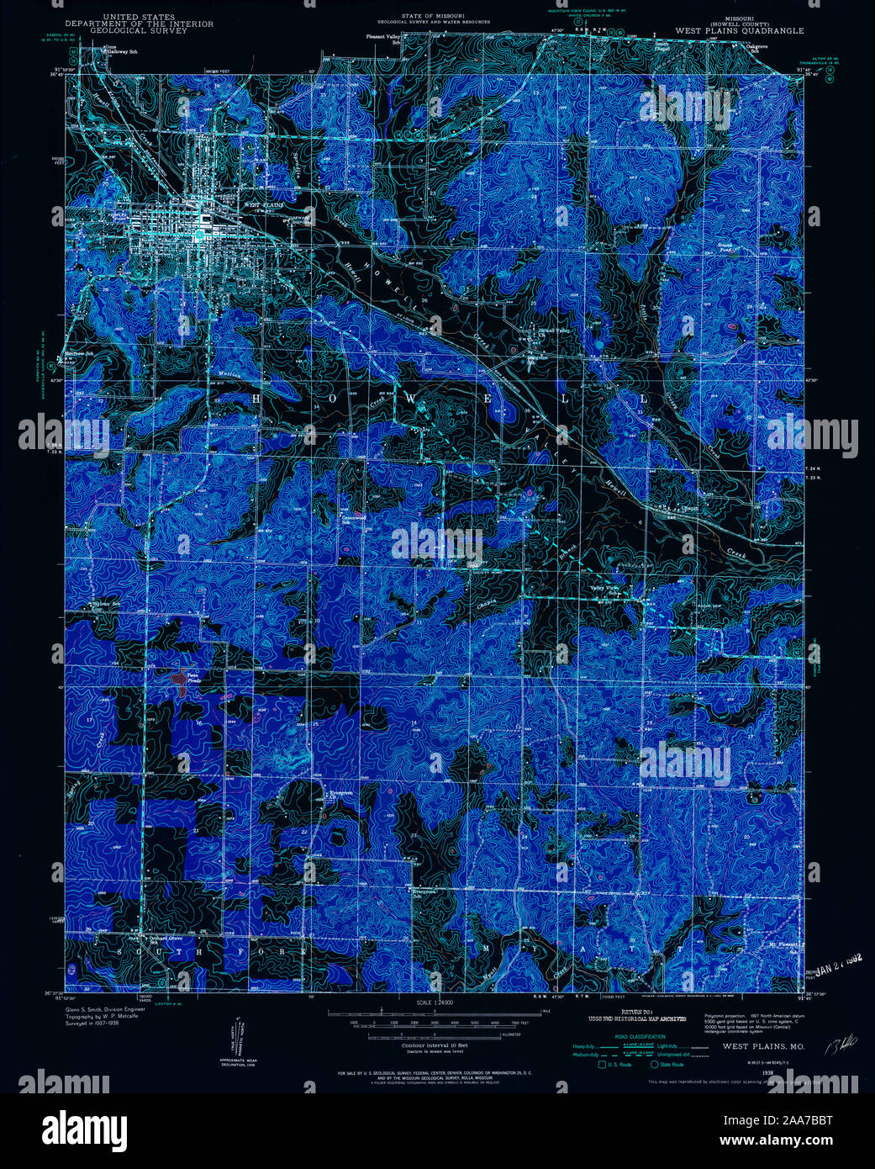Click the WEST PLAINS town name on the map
pos(264,204)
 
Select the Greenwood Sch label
pos(352,519)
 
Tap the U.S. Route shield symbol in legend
pos(601,1065)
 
